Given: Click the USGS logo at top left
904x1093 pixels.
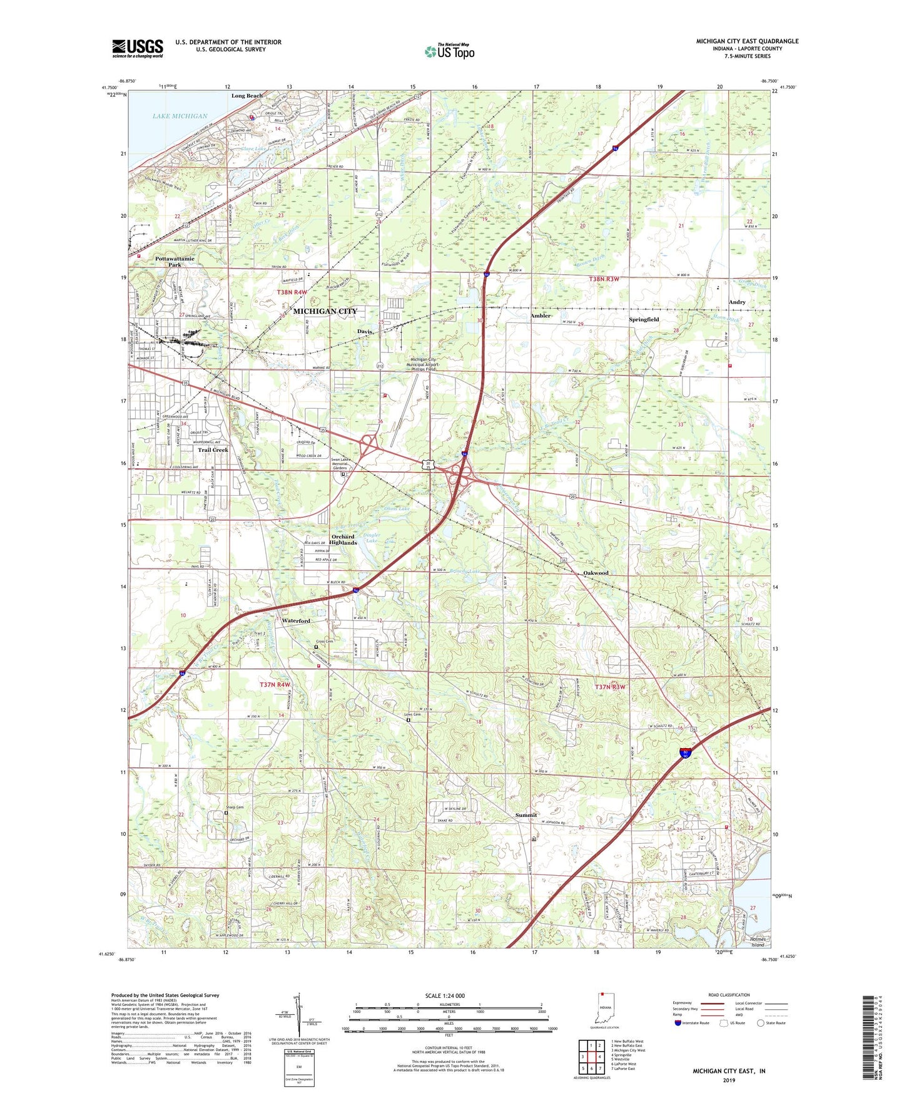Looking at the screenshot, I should pos(137,48).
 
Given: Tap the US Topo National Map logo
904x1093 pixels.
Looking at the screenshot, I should pos(449,51).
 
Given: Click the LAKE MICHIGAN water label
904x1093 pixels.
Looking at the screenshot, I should pos(180,116).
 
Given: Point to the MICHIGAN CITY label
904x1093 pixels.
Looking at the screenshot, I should pos(325,311).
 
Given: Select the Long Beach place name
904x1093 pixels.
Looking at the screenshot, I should pos(247,96).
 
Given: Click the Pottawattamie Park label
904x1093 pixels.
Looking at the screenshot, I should pos(175,262).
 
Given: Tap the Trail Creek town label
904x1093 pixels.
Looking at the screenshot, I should pos(213,450).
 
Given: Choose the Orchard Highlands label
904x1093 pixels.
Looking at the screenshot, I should pos(344,540).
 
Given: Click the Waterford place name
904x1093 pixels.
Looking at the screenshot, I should pos(296,621).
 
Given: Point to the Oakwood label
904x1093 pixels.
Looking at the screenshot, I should pos(596,573).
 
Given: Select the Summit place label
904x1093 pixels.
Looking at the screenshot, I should pos(526,815).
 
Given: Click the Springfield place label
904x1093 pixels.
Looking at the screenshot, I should pos(644,319).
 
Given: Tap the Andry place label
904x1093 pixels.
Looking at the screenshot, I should pos(737,302).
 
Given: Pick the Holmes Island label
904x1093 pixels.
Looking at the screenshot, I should pos(758,942).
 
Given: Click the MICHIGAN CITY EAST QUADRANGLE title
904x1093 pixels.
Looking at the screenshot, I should pos(747,41).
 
